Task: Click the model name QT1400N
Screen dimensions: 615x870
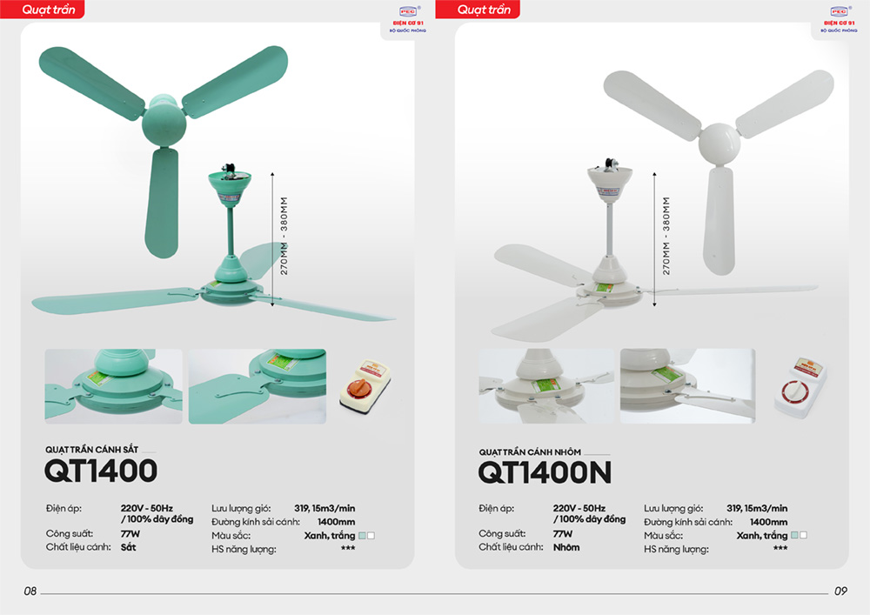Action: [545, 472]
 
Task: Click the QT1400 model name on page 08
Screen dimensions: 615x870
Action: [101, 471]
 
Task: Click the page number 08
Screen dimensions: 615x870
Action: [30, 592]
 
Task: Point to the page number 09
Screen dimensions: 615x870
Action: [840, 592]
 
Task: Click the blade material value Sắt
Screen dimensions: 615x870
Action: [128, 547]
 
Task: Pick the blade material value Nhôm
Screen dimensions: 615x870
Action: [566, 547]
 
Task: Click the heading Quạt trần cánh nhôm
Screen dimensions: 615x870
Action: [530, 452]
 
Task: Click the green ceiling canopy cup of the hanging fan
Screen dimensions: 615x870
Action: [231, 185]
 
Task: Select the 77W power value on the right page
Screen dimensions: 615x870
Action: [562, 533]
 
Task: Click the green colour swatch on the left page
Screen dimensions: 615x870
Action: [362, 536]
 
